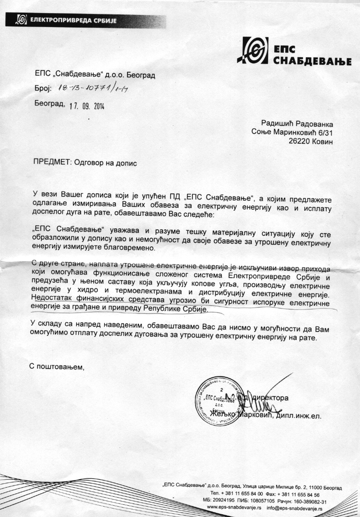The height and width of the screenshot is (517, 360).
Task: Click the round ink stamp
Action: [220, 402]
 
